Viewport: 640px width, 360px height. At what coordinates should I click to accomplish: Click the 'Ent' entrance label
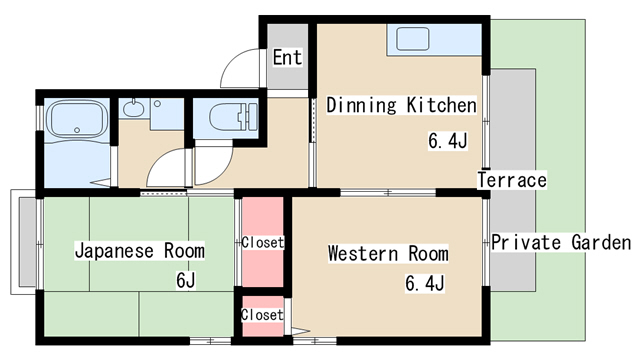coord(288,57)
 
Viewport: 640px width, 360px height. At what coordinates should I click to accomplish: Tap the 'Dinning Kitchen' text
coord(401,105)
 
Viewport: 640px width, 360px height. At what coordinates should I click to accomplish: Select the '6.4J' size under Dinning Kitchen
coord(448,141)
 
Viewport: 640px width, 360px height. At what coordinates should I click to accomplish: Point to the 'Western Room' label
coord(388,253)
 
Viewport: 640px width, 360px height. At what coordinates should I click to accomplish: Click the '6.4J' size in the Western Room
coord(424,283)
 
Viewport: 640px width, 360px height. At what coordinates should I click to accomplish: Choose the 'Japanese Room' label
coord(140,251)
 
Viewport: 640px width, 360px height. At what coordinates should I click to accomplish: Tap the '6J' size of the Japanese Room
coord(186,280)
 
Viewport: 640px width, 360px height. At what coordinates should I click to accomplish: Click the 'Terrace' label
coord(512,180)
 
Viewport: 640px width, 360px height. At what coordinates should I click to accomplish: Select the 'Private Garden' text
coord(561,242)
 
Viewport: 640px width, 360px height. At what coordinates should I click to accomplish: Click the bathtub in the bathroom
coord(77,120)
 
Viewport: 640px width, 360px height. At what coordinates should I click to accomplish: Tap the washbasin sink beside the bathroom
coord(133,109)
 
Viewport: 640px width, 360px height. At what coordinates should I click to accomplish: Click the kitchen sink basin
coord(413,39)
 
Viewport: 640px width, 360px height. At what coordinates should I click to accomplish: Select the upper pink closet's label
coord(262,242)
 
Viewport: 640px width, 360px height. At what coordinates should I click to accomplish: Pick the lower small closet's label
coord(262,315)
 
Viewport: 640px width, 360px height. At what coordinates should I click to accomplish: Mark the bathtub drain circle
coord(77,130)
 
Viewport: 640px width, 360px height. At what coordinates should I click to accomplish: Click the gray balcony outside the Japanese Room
coord(27,242)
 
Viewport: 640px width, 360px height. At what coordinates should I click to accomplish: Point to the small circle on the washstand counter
coord(157,104)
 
